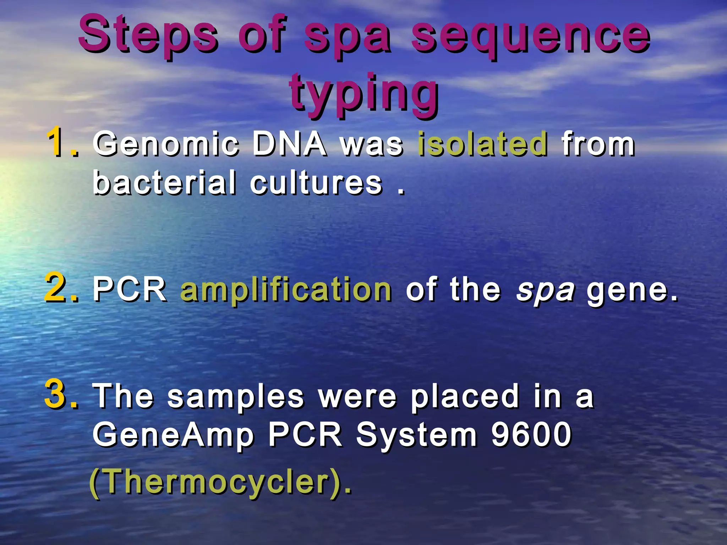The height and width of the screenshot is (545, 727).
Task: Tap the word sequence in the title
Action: [530, 35]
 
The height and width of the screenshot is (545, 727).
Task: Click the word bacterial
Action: [164, 182]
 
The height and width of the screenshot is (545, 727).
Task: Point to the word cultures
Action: [316, 183]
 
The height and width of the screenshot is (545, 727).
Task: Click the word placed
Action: [465, 397]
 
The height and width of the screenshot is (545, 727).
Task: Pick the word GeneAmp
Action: [173, 436]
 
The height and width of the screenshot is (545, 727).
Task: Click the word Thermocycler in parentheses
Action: [219, 482]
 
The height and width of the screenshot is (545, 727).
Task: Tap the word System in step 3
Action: [416, 436]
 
